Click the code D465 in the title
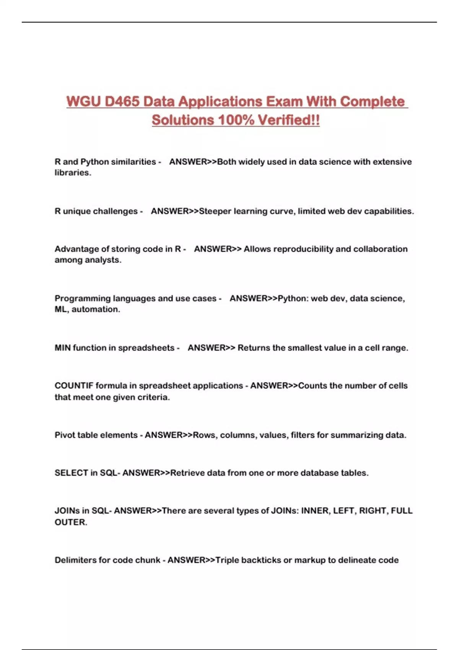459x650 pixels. [x=122, y=102]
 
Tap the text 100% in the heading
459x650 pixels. [x=236, y=120]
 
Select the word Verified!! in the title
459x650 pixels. [x=289, y=120]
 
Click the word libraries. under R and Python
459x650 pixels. [x=73, y=173]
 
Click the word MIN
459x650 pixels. [x=62, y=348]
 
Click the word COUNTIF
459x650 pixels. [x=74, y=386]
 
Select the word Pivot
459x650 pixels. [x=65, y=435]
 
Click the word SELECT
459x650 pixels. [x=71, y=473]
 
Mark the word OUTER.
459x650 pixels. [x=71, y=522]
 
